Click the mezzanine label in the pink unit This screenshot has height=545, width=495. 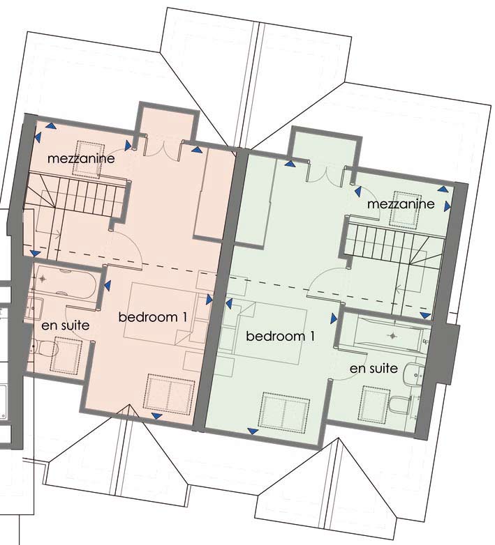(x=81, y=159)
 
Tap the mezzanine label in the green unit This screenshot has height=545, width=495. (x=401, y=204)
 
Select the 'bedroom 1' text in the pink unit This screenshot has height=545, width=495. (x=153, y=317)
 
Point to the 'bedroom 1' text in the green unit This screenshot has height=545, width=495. (x=281, y=336)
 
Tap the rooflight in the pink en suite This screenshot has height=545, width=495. (x=68, y=352)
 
